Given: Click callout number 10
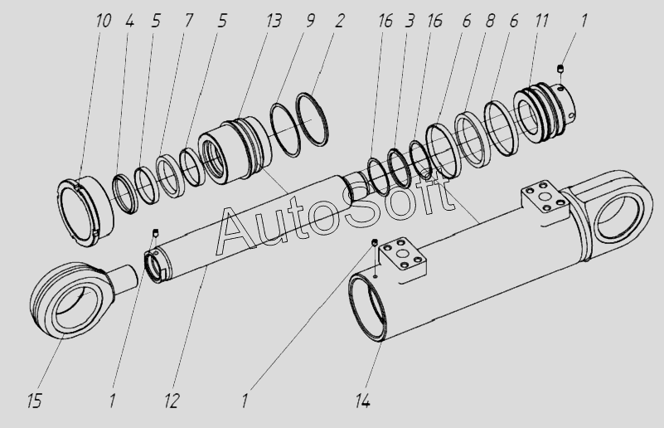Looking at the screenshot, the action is [104, 20].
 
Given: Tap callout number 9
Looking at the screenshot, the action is [309, 20].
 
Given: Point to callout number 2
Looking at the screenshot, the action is [340, 20].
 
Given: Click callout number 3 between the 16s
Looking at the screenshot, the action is [410, 20].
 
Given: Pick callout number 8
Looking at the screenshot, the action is [490, 20].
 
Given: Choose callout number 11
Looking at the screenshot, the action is [540, 20].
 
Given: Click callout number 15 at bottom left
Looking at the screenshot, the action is [35, 402].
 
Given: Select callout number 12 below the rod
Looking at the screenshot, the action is [172, 402].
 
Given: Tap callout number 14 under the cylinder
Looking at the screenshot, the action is [362, 402].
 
